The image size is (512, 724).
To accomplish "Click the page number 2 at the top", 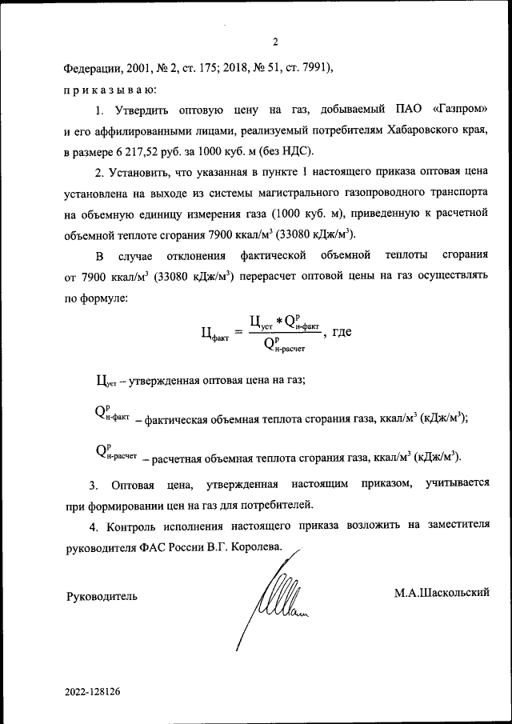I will point(274,42).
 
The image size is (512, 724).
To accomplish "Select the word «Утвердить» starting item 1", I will point(138,109).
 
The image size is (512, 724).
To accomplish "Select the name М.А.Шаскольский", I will point(441,592).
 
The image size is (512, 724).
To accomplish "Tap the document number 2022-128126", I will point(93,690).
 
